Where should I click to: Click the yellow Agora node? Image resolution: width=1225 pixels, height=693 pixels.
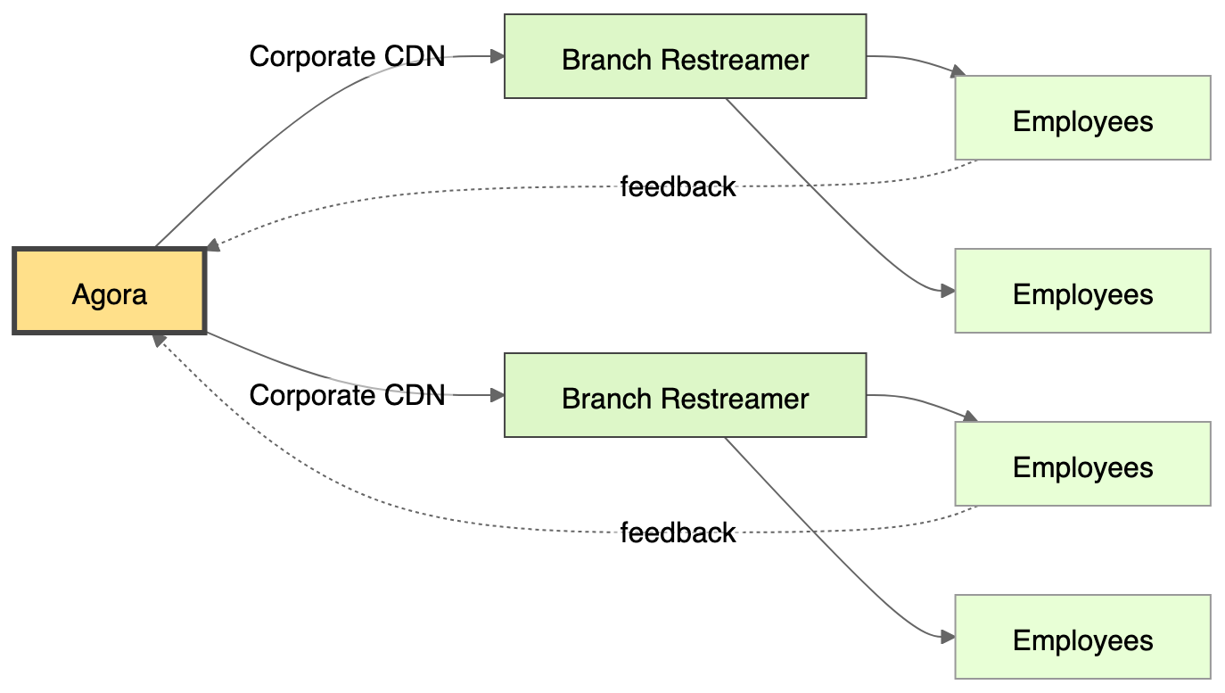click(x=110, y=293)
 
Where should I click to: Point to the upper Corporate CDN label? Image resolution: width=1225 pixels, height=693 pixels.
click(x=348, y=57)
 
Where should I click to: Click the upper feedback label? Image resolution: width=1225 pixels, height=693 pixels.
click(x=678, y=187)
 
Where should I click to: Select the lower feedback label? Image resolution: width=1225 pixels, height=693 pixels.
click(x=678, y=533)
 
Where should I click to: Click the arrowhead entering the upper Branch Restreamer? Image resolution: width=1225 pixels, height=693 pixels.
click(x=498, y=56)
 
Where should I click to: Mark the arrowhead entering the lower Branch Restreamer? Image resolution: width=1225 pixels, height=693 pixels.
click(x=498, y=395)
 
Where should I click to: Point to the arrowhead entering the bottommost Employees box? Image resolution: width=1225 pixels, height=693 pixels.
click(x=949, y=637)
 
